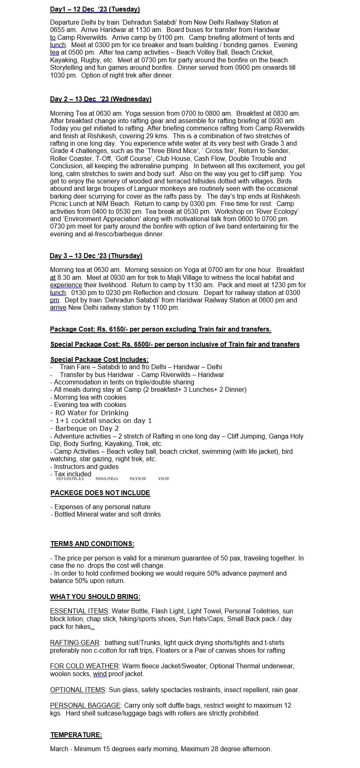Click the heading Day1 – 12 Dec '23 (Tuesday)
[x=95, y=9]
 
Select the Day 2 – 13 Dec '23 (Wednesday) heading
[x=101, y=99]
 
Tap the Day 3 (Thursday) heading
[x=96, y=256]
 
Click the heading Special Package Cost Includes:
[x=99, y=359]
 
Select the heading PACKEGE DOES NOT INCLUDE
[x=100, y=493]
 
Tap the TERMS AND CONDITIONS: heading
[x=92, y=544]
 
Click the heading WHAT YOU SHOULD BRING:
[x=95, y=597]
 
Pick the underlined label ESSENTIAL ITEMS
[x=79, y=611]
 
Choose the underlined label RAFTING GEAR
[x=75, y=642]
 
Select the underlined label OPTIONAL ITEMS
[x=78, y=690]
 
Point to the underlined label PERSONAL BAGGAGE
[x=85, y=705]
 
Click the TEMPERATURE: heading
[x=76, y=735]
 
